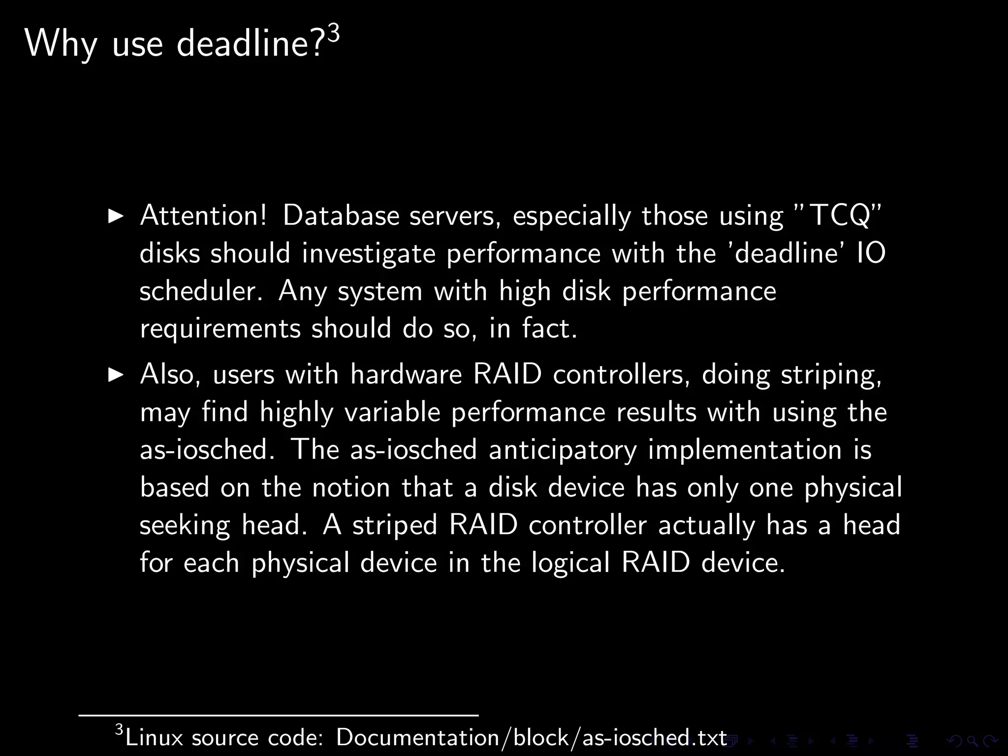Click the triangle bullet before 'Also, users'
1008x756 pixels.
pyautogui.click(x=116, y=375)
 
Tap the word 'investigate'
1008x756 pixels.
pyautogui.click(x=369, y=254)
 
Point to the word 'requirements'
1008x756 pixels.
pyautogui.click(x=220, y=329)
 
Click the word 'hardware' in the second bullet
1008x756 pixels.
pyautogui.click(x=406, y=375)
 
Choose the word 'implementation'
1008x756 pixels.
pyautogui.click(x=745, y=450)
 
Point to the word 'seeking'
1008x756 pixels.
pyautogui.click(x=185, y=526)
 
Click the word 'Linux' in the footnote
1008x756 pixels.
pyautogui.click(x=154, y=737)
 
